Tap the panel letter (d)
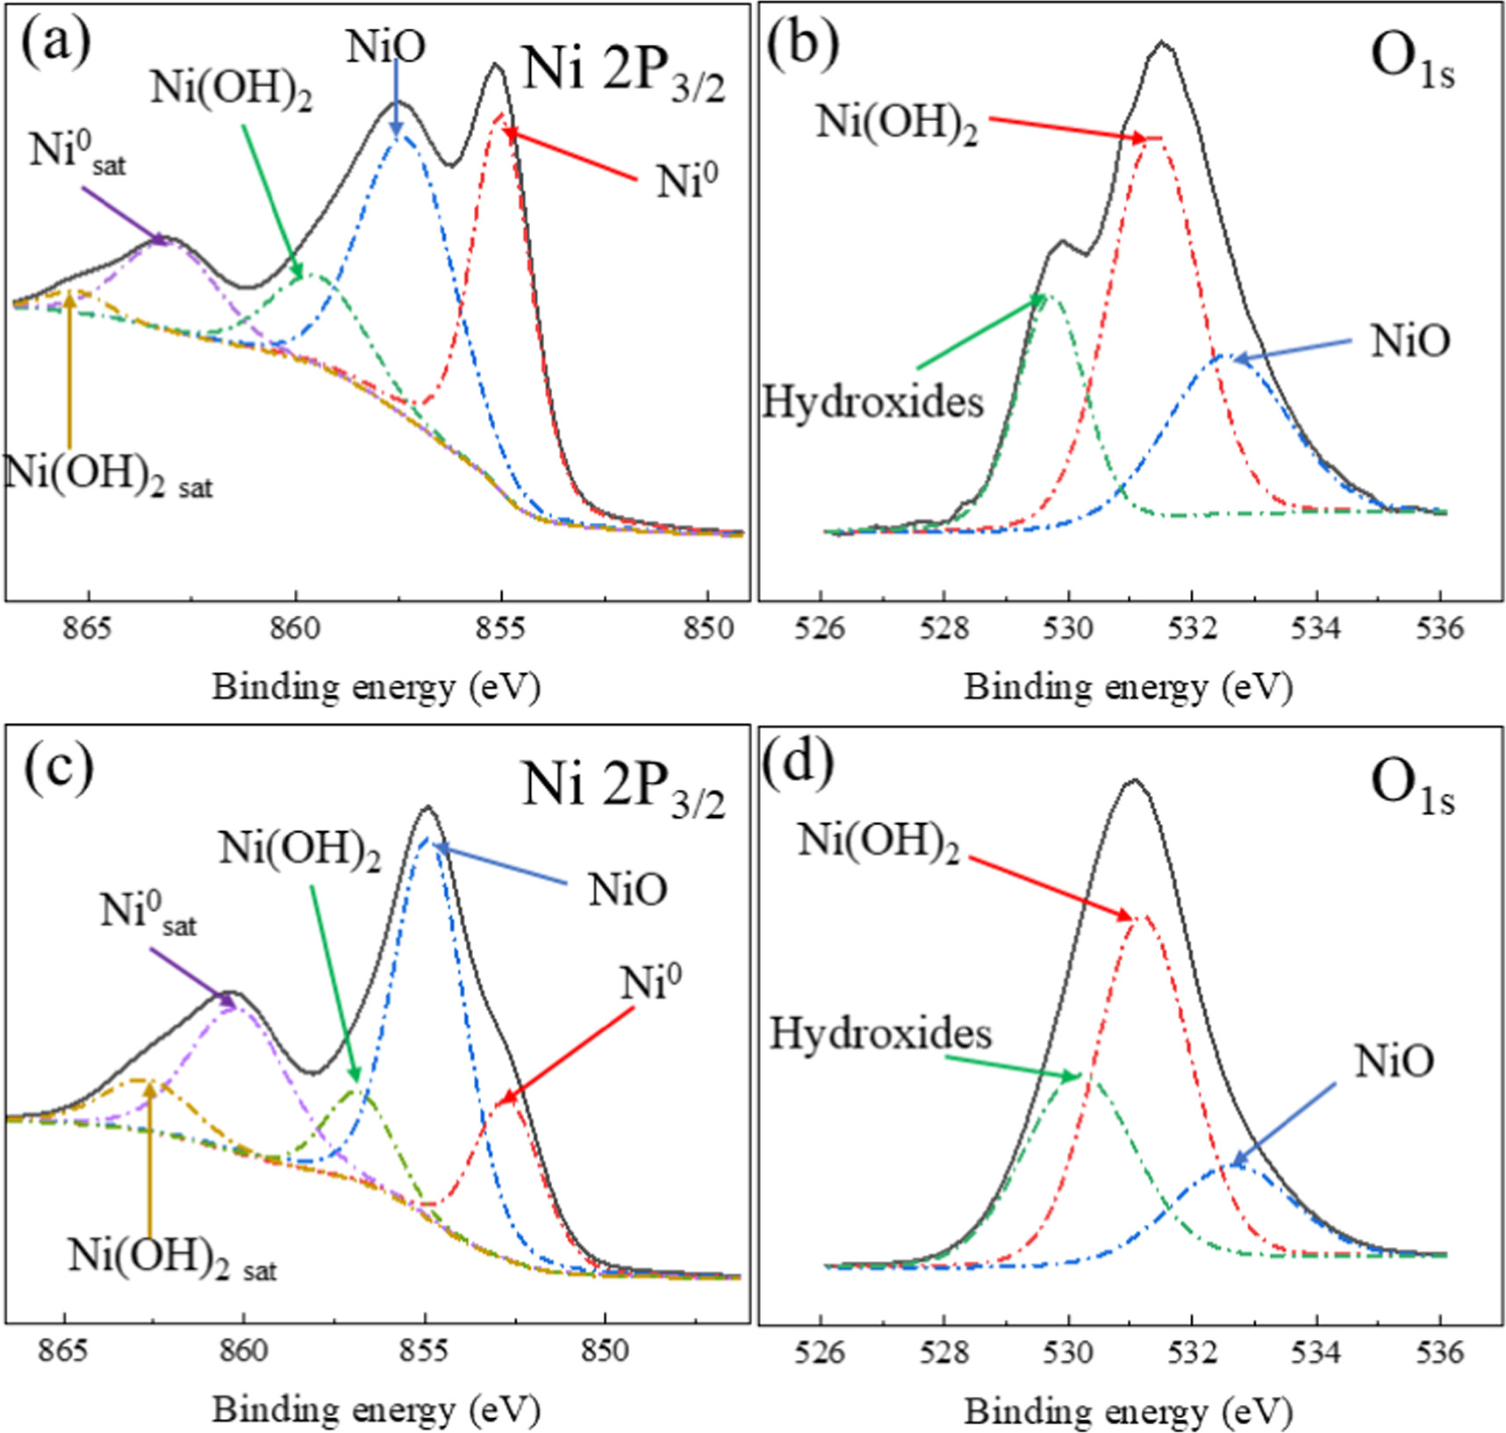tap(797, 764)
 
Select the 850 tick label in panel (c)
tap(605, 1351)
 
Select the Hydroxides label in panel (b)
tap(872, 403)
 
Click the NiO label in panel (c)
tap(627, 889)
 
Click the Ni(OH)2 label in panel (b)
tap(896, 123)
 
